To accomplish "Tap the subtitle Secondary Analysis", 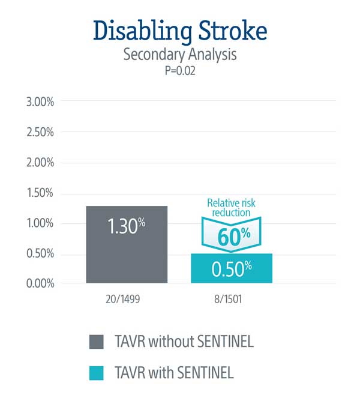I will (180, 55).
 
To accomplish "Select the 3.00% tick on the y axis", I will (40, 101).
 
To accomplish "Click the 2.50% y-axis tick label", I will (40, 132).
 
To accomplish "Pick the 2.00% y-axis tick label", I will (40, 163).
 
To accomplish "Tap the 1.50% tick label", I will (40, 193).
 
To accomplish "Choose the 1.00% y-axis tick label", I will (40, 223).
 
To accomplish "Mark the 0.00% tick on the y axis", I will (40, 283).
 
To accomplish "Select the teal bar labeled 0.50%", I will (232, 268).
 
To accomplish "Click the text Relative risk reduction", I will (232, 208).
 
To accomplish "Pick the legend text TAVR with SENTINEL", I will (173, 373).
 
